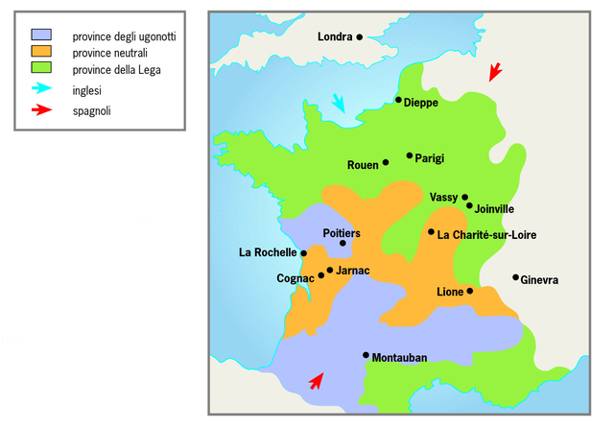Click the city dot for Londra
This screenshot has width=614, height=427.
(359, 37)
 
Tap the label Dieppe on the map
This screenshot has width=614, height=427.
(421, 102)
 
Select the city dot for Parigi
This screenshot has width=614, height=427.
(410, 155)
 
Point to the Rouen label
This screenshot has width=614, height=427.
(363, 165)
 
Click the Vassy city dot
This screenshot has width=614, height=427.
(465, 197)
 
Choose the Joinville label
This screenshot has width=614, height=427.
(495, 208)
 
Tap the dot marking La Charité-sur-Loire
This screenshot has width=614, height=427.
(432, 232)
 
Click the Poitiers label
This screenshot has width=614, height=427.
(342, 233)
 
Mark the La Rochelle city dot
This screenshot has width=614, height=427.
(304, 253)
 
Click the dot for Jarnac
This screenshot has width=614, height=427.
(330, 270)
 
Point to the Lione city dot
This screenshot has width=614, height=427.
(470, 291)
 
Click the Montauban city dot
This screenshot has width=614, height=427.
(366, 355)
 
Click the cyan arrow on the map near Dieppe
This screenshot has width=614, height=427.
(340, 103)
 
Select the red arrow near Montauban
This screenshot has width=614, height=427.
(315, 381)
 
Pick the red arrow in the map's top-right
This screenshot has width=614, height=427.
(494, 72)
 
